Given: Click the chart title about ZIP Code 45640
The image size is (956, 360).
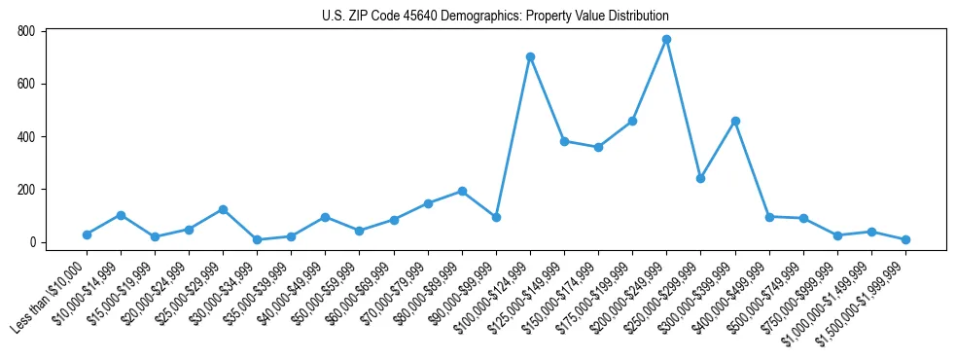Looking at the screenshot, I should [x=495, y=16].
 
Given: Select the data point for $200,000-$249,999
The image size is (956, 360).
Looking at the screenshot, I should [x=666, y=40].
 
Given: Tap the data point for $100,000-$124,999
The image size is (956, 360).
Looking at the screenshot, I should [x=530, y=56].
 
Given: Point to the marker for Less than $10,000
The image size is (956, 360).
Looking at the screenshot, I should [x=87, y=234].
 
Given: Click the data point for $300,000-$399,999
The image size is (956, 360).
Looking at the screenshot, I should [x=735, y=121].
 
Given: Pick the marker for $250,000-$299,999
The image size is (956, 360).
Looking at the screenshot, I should [x=700, y=178].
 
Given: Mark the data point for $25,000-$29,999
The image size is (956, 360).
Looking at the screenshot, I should [x=223, y=209].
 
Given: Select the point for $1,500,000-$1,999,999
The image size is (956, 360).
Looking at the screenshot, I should [x=905, y=239].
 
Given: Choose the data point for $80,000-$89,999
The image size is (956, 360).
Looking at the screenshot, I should [x=462, y=191].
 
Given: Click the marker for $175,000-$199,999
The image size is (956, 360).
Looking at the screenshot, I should [x=632, y=121].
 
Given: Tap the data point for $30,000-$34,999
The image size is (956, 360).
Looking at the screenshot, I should [x=257, y=239].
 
